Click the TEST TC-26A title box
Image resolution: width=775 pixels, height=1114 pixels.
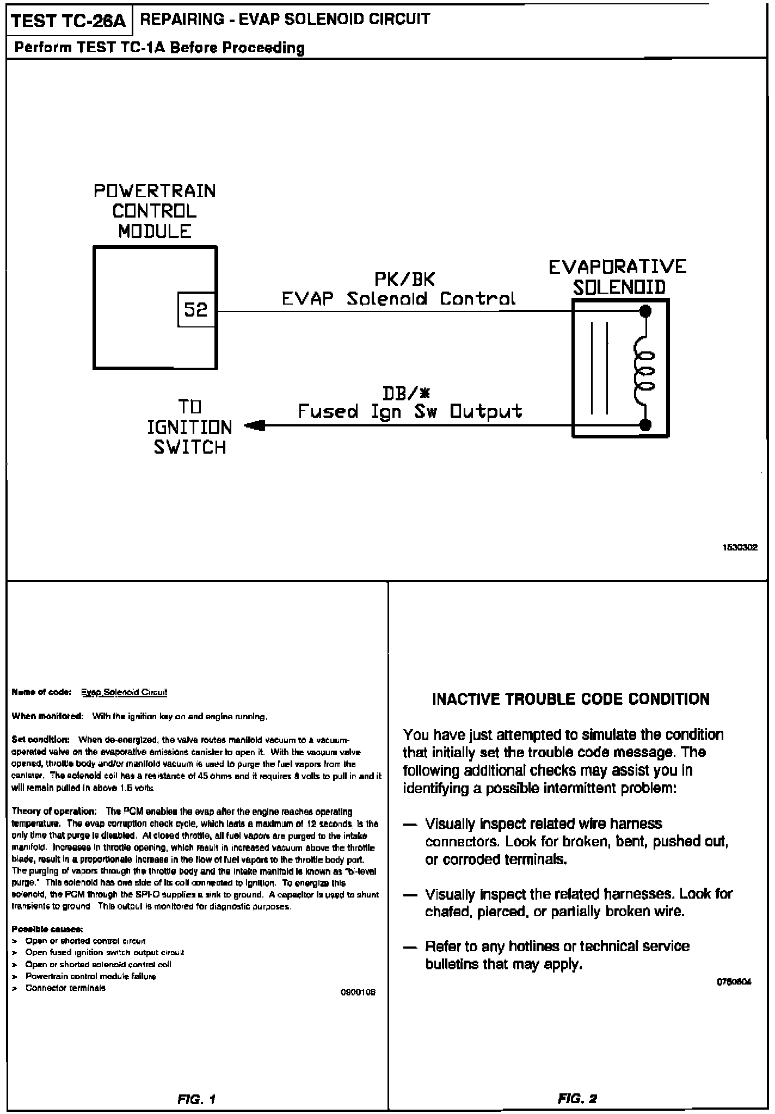[x=69, y=21]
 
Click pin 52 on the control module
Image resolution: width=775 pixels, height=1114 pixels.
[x=196, y=311]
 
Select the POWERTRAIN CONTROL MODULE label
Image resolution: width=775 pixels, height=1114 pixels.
[x=155, y=212]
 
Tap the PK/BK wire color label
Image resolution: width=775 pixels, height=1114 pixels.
[x=404, y=280]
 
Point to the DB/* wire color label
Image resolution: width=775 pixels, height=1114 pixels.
[x=407, y=393]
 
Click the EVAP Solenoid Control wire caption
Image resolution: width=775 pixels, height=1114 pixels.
[x=398, y=299]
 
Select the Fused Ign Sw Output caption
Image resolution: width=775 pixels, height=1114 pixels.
[x=410, y=411]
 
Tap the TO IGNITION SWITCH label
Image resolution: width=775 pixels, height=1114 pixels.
[x=189, y=428]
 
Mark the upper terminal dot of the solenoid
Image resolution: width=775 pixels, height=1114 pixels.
[x=645, y=312]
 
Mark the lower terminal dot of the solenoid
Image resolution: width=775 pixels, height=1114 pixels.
[x=645, y=425]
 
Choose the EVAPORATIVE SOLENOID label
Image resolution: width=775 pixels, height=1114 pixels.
[x=618, y=276]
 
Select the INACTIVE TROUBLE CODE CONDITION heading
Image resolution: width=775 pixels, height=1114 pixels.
[x=571, y=699]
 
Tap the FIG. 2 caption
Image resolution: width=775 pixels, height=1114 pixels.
[x=577, y=1099]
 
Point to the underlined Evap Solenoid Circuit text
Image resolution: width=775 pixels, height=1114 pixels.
[x=124, y=692]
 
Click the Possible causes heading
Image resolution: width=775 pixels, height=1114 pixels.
[x=47, y=929]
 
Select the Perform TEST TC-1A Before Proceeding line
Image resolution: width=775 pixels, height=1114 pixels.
[x=159, y=48]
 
